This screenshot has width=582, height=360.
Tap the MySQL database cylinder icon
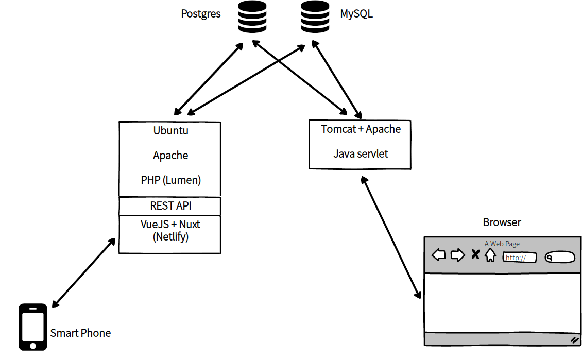click(315, 17)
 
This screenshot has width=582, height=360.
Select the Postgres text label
click(201, 14)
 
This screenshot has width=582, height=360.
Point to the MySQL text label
click(356, 14)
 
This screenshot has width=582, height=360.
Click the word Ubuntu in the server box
click(170, 131)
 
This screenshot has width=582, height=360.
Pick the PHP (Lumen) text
click(170, 180)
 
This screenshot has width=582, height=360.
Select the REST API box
click(170, 206)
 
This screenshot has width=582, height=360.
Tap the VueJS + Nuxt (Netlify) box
click(170, 234)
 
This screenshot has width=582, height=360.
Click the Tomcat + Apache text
click(361, 129)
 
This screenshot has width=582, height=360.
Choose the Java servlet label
click(361, 153)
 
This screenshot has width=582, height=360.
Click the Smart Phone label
click(80, 333)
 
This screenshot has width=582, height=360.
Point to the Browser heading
click(502, 222)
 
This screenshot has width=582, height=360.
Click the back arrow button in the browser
click(438, 255)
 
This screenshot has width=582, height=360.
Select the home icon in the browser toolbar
click(490, 255)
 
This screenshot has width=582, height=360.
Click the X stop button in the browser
click(475, 254)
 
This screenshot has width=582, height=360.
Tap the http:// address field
click(519, 258)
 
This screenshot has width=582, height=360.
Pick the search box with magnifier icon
click(560, 257)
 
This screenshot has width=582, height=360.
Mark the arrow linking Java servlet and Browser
click(391, 237)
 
